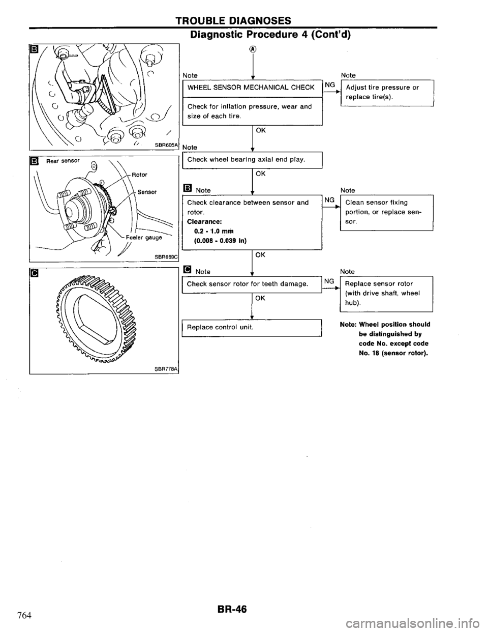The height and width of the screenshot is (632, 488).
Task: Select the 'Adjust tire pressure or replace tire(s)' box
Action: [386, 92]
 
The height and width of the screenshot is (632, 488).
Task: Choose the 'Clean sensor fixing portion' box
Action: [386, 212]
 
